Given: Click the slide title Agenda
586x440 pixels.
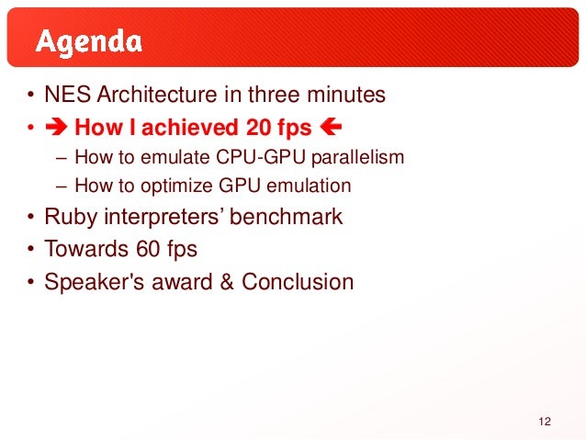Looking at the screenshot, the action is click(x=88, y=42).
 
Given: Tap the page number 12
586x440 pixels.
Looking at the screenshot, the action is click(x=545, y=422).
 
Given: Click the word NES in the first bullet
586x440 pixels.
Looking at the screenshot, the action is click(x=67, y=95).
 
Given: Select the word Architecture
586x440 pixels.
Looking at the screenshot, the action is click(x=157, y=95).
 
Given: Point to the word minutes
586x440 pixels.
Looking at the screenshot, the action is click(x=346, y=95).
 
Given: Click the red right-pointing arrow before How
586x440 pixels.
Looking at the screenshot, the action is click(x=56, y=127).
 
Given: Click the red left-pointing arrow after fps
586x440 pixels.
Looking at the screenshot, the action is click(x=331, y=127).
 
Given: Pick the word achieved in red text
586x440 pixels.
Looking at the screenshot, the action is click(x=189, y=127).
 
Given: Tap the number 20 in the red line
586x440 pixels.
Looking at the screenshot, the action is click(x=258, y=128).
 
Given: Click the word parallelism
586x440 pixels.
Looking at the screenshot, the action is click(x=357, y=158).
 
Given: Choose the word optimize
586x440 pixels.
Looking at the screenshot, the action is click(x=176, y=186).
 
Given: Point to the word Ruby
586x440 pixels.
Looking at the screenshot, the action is click(x=71, y=217).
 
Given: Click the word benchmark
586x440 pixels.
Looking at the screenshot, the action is click(x=286, y=217).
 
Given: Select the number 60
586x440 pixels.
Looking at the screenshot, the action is click(x=148, y=249).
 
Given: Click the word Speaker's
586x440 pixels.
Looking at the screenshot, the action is click(x=95, y=282).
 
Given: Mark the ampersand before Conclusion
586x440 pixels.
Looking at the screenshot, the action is click(x=227, y=282).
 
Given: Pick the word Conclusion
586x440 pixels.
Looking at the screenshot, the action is click(x=298, y=281).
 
